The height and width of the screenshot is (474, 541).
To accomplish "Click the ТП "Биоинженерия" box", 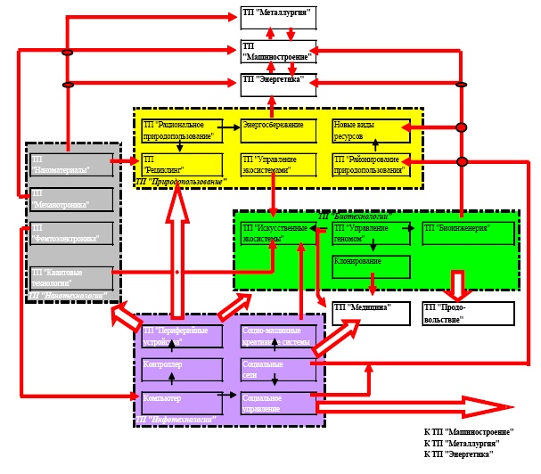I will [x=467, y=233].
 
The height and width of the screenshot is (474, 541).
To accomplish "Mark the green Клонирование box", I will [x=371, y=266].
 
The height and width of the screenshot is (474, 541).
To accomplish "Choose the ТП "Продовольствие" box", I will [x=480, y=313].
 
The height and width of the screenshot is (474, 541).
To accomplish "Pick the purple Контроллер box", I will [x=181, y=368].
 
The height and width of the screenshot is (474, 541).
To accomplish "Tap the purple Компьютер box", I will [x=181, y=403].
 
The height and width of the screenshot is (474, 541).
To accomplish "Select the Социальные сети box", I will [x=275, y=369].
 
